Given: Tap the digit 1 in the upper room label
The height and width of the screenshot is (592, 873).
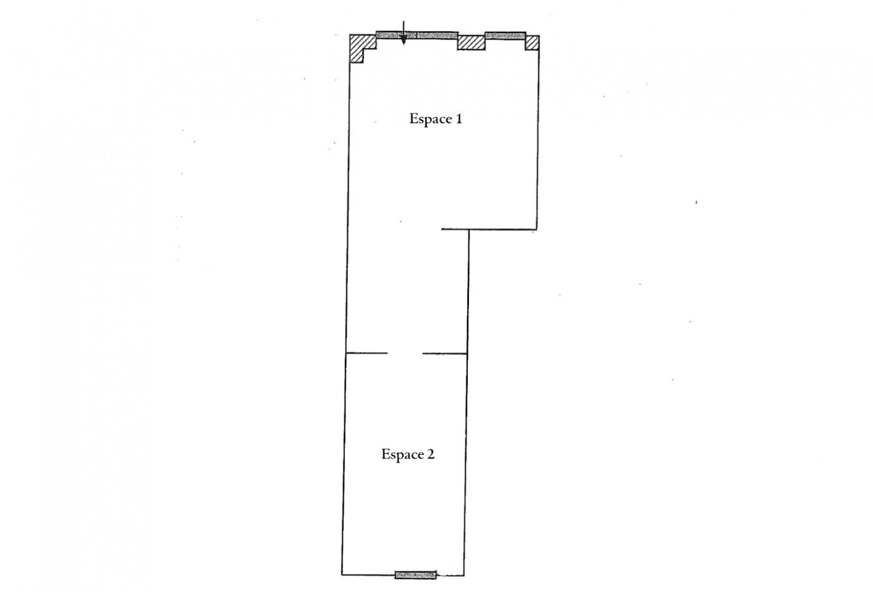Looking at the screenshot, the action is [x=458, y=118].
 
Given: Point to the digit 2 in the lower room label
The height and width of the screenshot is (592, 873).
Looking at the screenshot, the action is [x=431, y=454].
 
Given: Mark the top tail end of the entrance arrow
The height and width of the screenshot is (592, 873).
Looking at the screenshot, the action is [x=403, y=21].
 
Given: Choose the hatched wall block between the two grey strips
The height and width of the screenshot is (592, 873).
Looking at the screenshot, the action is [x=471, y=42].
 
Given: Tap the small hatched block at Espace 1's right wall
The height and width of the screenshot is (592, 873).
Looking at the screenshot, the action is [x=532, y=42].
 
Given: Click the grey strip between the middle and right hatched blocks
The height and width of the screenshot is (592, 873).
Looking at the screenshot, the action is [x=506, y=36].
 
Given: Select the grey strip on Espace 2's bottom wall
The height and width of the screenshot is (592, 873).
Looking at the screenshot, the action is [x=415, y=575].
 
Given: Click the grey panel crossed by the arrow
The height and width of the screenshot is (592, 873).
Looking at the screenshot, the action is [x=397, y=35].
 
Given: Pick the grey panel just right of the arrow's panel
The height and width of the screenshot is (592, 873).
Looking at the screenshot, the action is [x=437, y=35].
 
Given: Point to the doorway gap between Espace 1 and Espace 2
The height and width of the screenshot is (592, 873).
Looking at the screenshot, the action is [x=405, y=353].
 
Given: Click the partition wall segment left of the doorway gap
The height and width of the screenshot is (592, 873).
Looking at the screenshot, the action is [x=367, y=353].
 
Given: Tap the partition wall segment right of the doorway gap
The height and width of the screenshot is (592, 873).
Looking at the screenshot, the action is [x=445, y=354].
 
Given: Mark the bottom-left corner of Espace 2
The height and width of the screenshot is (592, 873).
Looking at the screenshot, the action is [x=342, y=574].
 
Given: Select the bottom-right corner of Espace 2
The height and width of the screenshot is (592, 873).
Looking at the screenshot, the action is [x=464, y=575].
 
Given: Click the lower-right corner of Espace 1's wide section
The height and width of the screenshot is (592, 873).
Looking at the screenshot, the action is [x=537, y=229].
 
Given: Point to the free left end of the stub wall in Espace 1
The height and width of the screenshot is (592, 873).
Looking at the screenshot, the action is [x=441, y=229].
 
